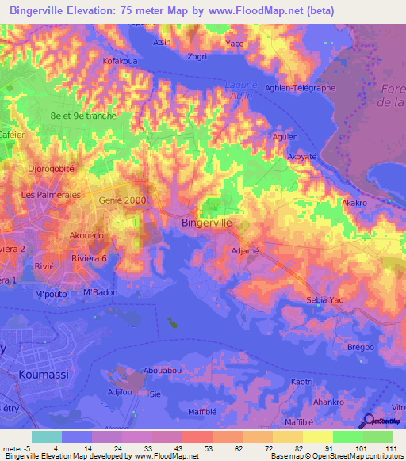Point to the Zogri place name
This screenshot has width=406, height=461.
(198, 57)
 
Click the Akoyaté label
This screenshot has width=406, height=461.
(302, 156)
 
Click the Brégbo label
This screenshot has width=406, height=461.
(358, 347)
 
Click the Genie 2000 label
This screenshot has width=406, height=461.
(122, 200)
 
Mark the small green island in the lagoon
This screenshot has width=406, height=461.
(172, 322)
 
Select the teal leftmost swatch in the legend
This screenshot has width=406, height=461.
(46, 436)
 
